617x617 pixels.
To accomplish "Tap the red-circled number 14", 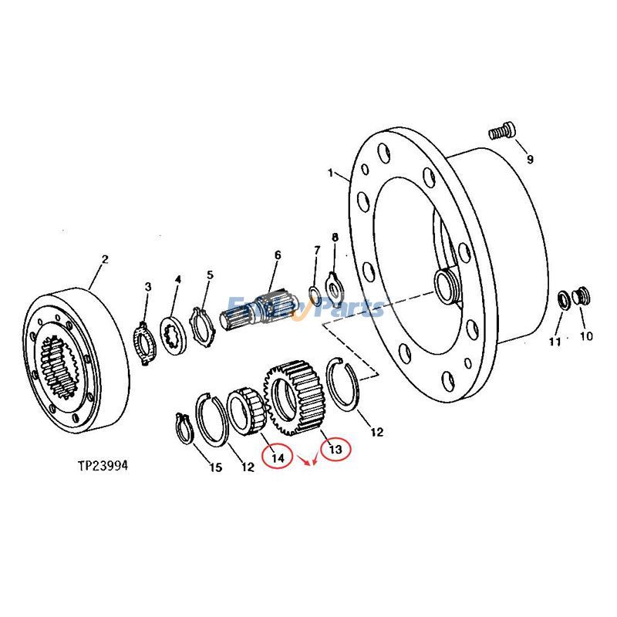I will (278, 457).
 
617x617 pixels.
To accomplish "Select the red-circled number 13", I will (335, 449).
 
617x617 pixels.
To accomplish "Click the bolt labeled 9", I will (501, 132).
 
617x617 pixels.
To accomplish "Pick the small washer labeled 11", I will (565, 299).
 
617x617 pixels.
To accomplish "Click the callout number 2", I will (106, 260).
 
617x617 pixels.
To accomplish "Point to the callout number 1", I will (330, 174).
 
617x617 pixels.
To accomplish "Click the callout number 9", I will (530, 160).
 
